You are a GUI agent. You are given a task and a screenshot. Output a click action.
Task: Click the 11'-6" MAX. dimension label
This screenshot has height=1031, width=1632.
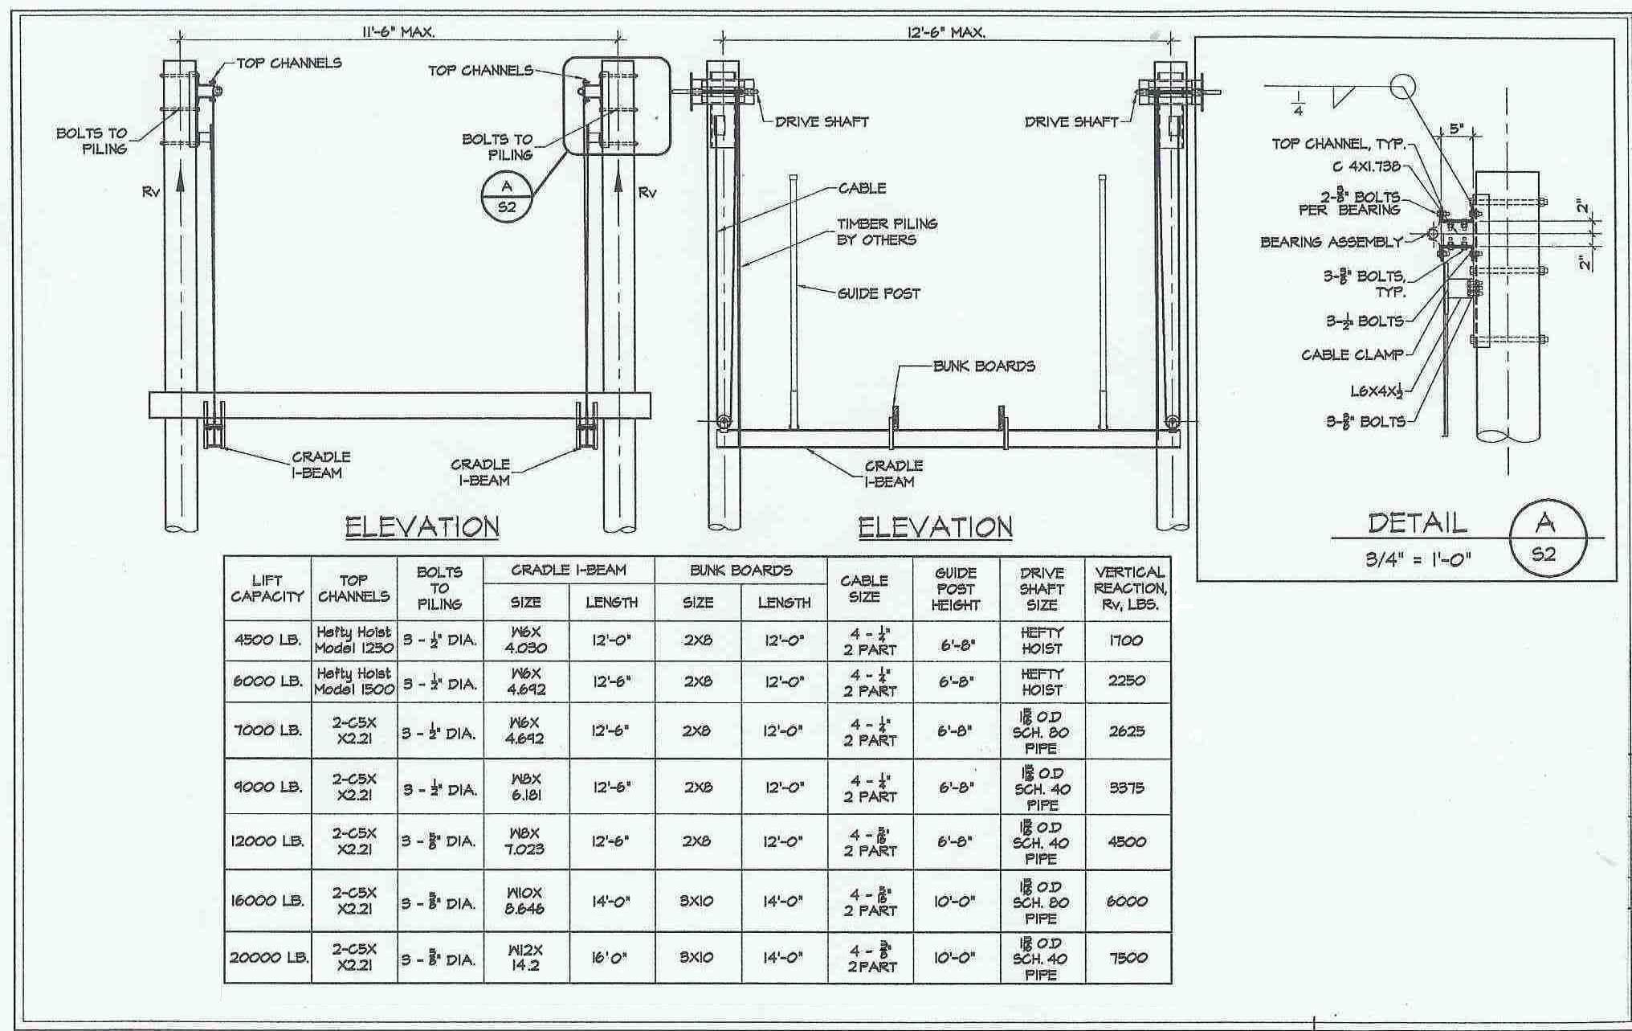(x=398, y=32)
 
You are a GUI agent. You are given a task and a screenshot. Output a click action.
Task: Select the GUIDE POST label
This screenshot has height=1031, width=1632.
(x=879, y=294)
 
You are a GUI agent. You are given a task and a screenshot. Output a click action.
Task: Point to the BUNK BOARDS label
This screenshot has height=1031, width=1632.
(x=983, y=366)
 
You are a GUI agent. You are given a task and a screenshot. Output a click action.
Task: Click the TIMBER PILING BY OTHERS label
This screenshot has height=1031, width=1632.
(x=887, y=231)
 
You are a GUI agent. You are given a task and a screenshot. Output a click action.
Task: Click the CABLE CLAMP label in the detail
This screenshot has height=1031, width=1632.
(x=1353, y=354)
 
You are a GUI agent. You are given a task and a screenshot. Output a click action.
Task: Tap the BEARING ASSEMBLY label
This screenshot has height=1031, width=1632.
(x=1331, y=242)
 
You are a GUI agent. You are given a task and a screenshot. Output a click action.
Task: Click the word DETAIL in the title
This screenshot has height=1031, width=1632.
(x=1417, y=523)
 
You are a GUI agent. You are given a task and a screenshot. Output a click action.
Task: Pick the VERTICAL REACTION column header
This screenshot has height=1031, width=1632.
(x=1128, y=588)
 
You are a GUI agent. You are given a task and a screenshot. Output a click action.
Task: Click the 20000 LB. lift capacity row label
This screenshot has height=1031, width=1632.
(x=268, y=958)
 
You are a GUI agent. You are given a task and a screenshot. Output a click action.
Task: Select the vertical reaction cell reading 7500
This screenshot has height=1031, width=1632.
(x=1127, y=958)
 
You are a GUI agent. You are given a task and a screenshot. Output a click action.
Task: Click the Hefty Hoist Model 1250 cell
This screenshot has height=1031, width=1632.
(x=353, y=640)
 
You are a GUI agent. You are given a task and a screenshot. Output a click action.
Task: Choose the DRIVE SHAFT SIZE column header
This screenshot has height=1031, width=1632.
(x=1042, y=588)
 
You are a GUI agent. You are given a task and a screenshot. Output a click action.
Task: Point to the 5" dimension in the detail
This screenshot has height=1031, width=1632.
(x=1456, y=129)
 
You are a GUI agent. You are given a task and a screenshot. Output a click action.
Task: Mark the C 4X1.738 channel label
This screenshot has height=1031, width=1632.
(x=1365, y=167)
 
